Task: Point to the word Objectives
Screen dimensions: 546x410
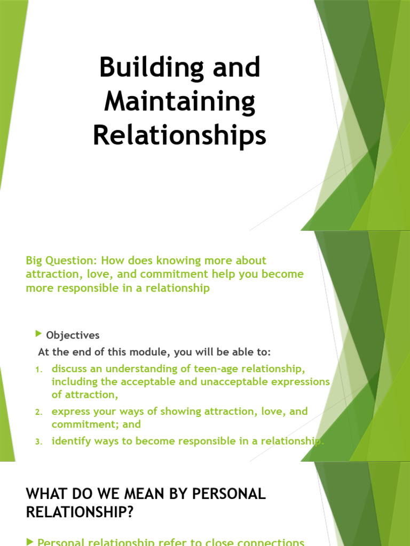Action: tap(73, 335)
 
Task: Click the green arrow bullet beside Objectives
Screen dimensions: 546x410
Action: tap(38, 334)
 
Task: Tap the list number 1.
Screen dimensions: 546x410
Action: tap(38, 370)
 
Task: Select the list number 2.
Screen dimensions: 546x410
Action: tap(38, 412)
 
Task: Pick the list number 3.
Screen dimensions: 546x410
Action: tap(38, 442)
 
